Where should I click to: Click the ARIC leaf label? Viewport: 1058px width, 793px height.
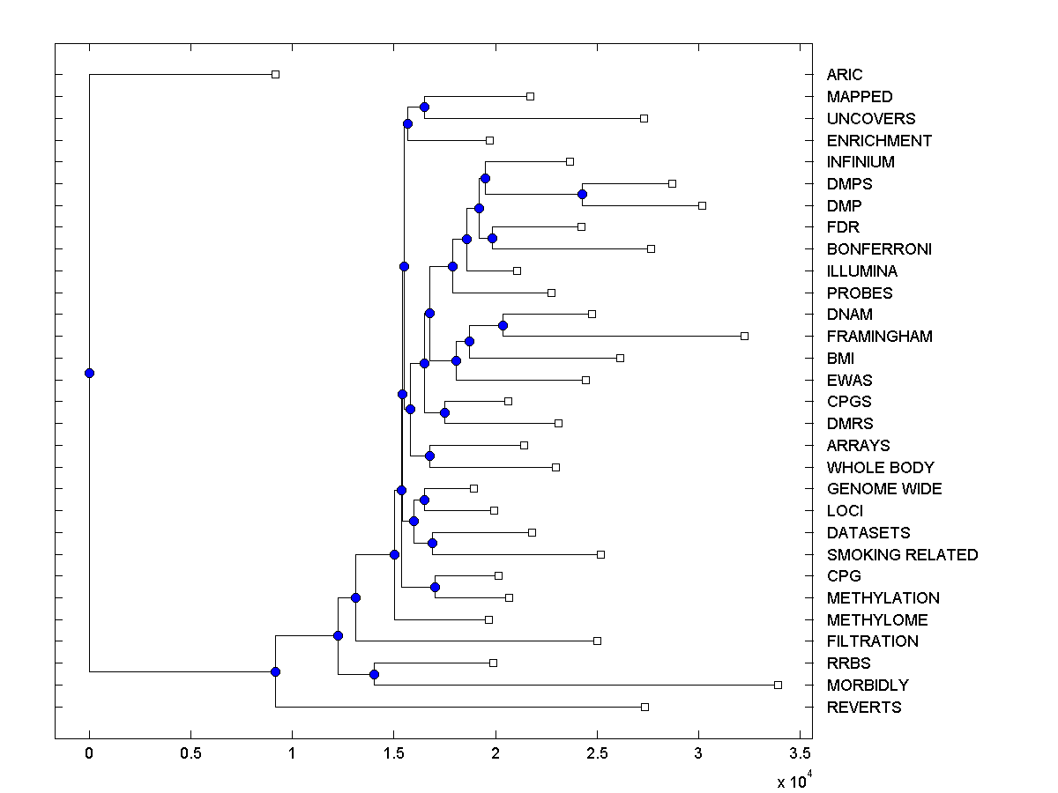(845, 75)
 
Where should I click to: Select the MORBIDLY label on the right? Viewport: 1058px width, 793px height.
(868, 686)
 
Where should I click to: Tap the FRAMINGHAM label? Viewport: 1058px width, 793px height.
(879, 337)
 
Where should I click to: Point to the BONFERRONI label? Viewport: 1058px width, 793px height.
(879, 249)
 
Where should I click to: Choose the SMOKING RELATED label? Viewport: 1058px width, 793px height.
(902, 555)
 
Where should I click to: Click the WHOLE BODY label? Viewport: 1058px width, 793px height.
(880, 468)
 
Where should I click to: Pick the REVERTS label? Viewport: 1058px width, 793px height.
(864, 708)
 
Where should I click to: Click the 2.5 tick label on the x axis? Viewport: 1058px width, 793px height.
(597, 753)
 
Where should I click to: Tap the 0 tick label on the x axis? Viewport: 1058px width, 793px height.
(89, 753)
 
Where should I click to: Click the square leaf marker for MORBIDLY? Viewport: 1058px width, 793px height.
(778, 685)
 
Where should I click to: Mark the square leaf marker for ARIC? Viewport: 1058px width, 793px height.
(275, 74)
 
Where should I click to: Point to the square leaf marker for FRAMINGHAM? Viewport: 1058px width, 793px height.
(744, 336)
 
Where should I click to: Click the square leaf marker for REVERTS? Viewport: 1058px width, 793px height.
(644, 707)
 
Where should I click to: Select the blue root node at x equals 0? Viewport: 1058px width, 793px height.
(89, 373)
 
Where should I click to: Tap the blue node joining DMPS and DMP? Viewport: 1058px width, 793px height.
(582, 194)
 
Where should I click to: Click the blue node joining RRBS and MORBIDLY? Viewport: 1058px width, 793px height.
(374, 674)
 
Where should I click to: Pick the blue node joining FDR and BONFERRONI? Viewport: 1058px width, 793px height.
(492, 238)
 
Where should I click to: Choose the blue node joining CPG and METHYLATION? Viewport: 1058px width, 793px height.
(435, 587)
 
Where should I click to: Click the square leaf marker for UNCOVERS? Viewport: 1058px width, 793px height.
(644, 118)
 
